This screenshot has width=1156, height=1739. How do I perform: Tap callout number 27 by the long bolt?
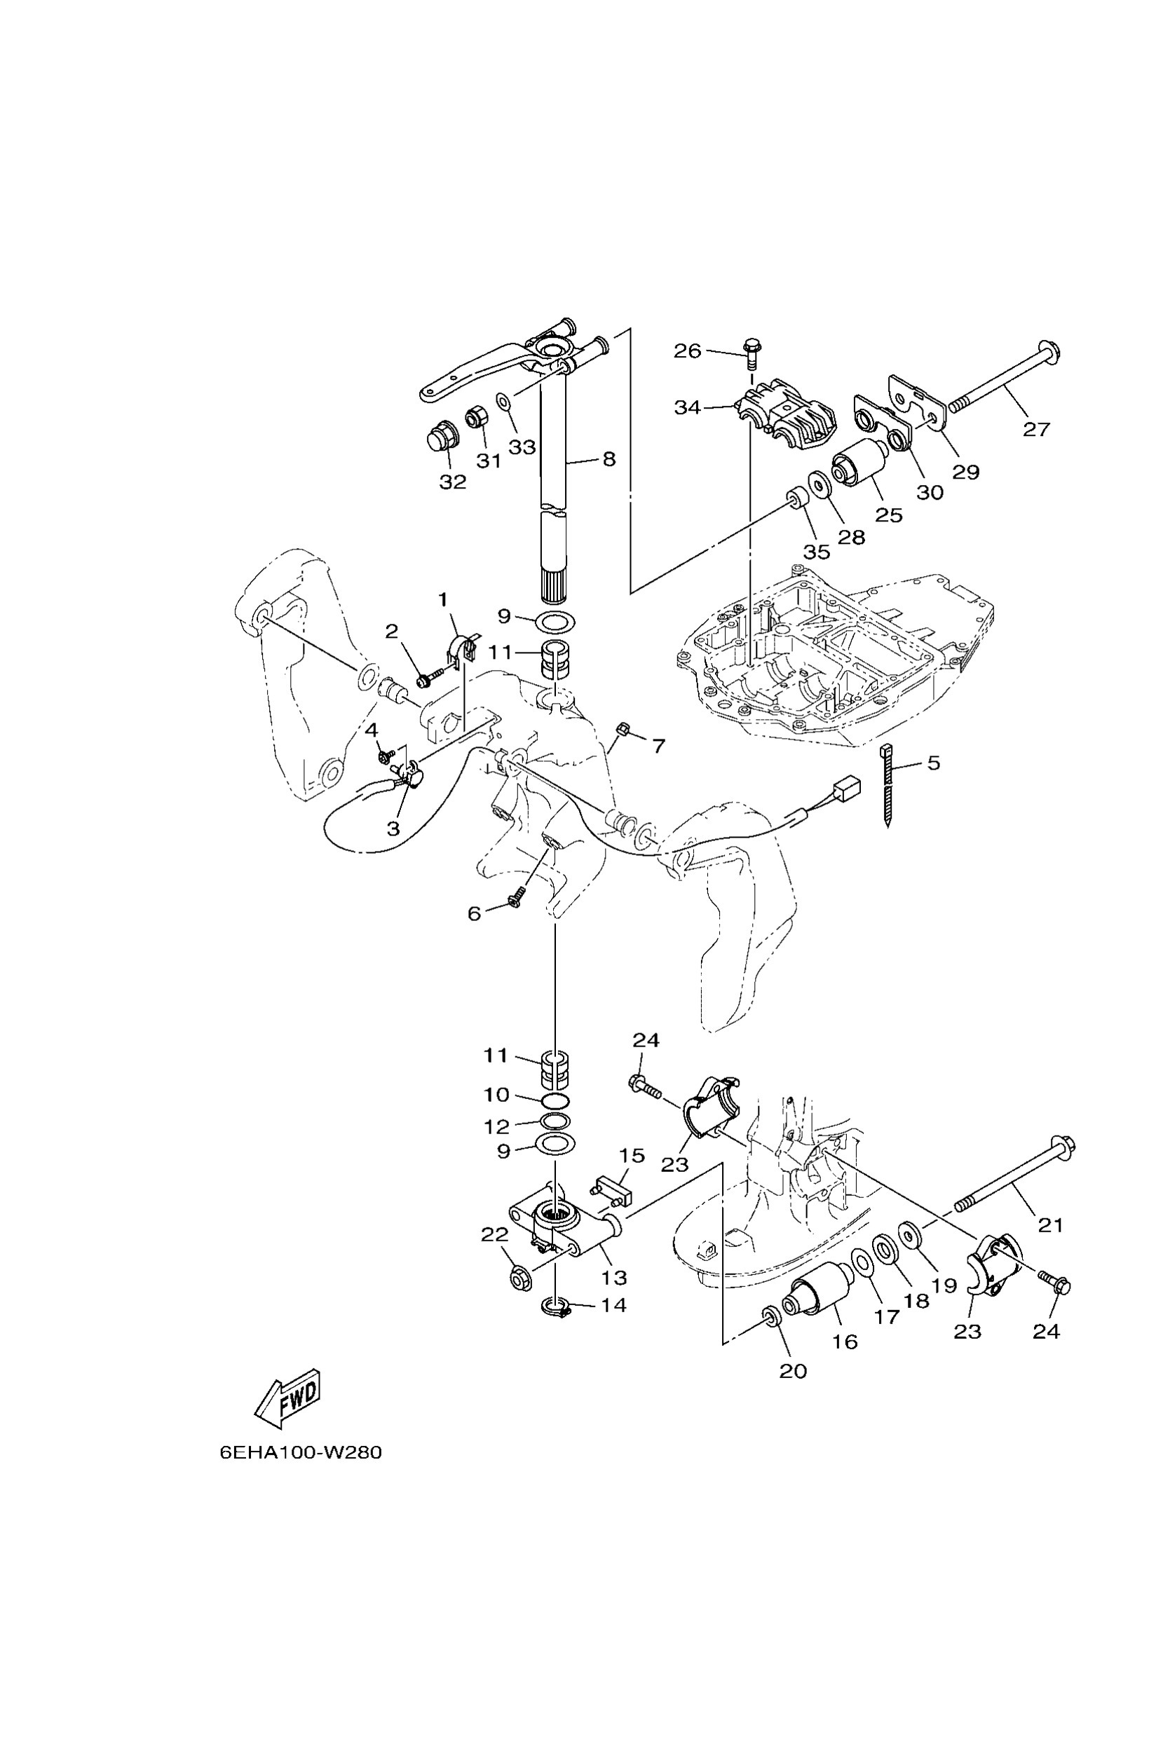1036,428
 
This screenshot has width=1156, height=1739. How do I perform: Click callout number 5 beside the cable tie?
933,763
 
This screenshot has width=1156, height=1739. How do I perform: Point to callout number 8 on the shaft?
608,459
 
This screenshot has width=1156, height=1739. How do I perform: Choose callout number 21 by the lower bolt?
1051,1225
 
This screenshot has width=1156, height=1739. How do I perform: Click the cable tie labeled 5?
888,785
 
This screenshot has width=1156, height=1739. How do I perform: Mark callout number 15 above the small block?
632,1155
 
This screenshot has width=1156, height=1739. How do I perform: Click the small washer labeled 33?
504,402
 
